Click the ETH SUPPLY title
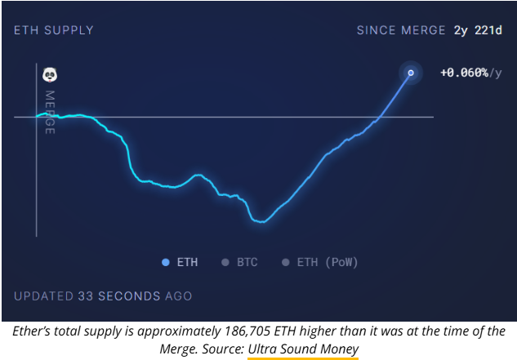click(x=54, y=31)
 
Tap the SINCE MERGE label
click(x=401, y=31)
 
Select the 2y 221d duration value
click(x=479, y=31)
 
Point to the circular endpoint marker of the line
click(x=411, y=73)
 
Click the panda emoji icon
click(x=50, y=75)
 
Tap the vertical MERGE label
click(x=50, y=112)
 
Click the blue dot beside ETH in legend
click(x=166, y=262)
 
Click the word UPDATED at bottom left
click(x=43, y=296)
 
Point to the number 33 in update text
click(x=85, y=296)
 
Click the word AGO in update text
click(x=178, y=296)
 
